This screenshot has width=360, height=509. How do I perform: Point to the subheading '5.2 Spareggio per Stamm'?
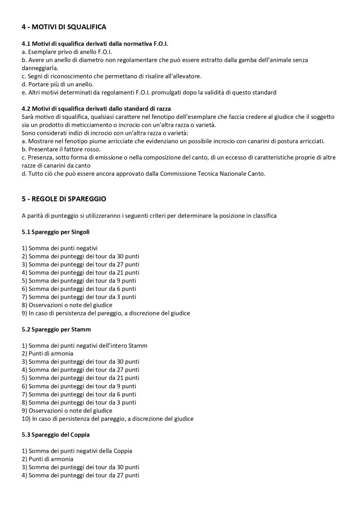point(56,329)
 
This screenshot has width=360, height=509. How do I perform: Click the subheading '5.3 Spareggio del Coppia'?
point(56,434)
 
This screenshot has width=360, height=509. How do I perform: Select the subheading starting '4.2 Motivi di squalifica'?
point(96,108)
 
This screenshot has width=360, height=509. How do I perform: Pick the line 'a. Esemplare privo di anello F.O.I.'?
point(67,52)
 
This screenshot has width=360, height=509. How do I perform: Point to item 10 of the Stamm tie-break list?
point(107,418)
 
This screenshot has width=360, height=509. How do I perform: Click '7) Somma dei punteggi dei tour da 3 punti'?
point(79,297)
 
